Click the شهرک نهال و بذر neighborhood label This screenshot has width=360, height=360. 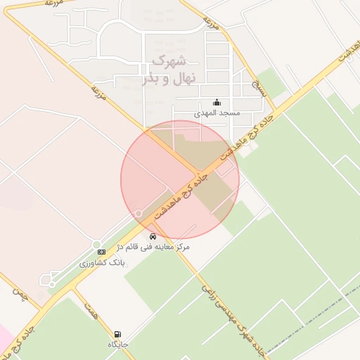click(167, 70)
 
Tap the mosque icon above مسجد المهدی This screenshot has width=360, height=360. click(217, 102)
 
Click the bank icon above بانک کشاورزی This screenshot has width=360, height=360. click(101, 252)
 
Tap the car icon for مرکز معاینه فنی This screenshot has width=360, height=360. click(153, 236)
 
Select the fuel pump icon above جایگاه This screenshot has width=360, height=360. click(117, 334)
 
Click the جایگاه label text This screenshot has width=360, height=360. click(117, 345)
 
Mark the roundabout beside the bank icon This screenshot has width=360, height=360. click(96, 244)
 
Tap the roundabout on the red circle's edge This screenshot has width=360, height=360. click(139, 213)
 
